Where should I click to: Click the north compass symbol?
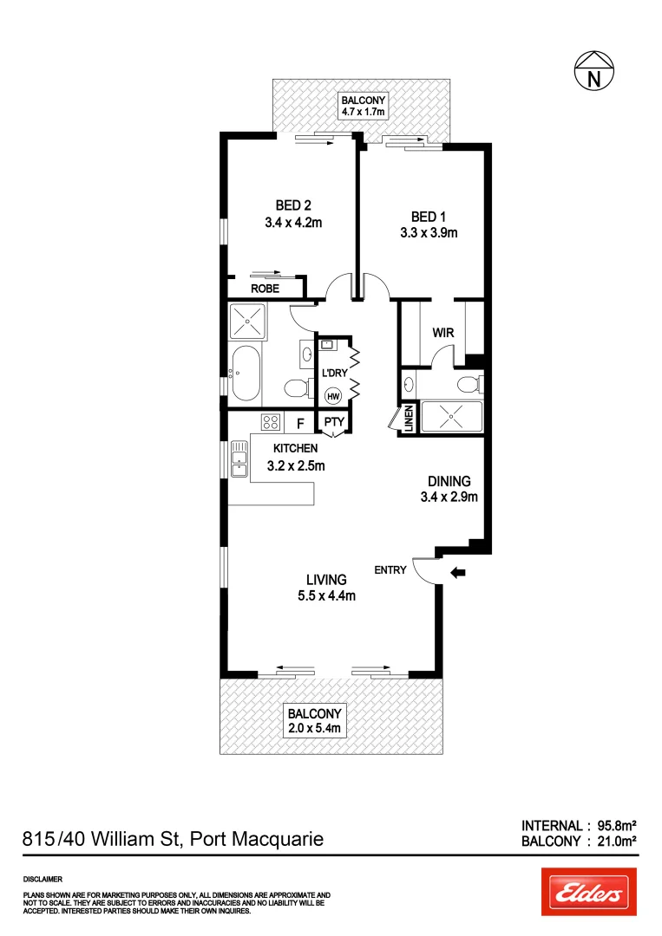coord(594,71)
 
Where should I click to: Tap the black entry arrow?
coord(458,572)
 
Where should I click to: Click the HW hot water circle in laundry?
coord(332,396)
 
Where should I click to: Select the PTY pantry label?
coord(334,424)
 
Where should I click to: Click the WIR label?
coord(443,333)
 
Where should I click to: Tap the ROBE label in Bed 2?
coord(265,289)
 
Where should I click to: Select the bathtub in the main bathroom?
coord(249,374)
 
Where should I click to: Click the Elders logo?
coord(589,892)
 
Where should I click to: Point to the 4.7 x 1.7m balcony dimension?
coord(363,112)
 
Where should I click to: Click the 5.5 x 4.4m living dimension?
coord(326,595)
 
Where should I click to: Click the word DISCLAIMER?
coord(43,878)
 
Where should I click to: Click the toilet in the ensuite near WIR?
coord(469,383)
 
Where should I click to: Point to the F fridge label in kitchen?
coord(300,424)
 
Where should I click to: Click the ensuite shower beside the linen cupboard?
coord(450,417)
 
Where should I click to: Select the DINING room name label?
coord(448,482)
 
